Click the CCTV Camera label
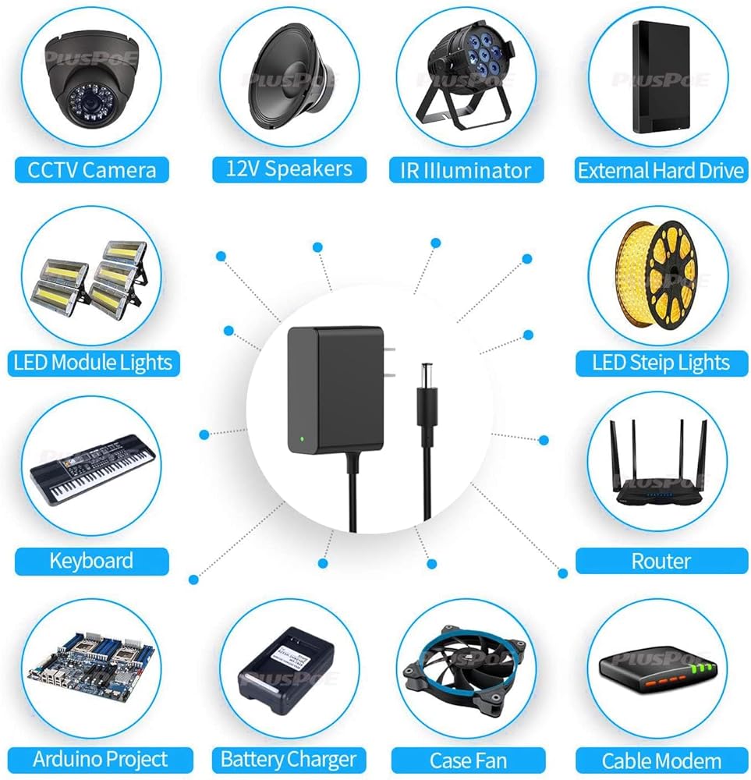pyautogui.click(x=91, y=170)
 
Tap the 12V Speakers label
pyautogui.click(x=289, y=168)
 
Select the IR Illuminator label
pyautogui.click(x=466, y=170)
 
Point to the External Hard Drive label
pyautogui.click(x=661, y=170)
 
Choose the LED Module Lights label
pyautogui.click(x=92, y=362)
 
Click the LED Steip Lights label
pyautogui.click(x=661, y=362)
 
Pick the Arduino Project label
pyautogui.click(x=100, y=759)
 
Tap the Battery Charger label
pyautogui.click(x=289, y=759)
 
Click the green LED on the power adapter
pyautogui.click(x=300, y=439)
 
